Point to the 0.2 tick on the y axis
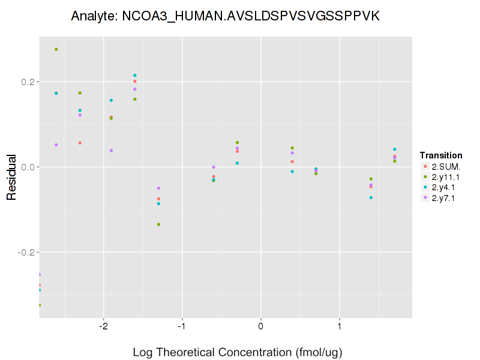tap(28, 82)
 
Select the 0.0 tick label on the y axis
tap(28, 167)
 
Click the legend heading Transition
tap(441, 155)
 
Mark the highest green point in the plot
tap(56, 49)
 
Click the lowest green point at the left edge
tap(40, 305)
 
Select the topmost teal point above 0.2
tap(135, 76)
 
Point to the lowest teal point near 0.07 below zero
tap(371, 197)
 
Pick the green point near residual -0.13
tap(158, 224)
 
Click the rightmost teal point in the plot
tap(395, 149)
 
